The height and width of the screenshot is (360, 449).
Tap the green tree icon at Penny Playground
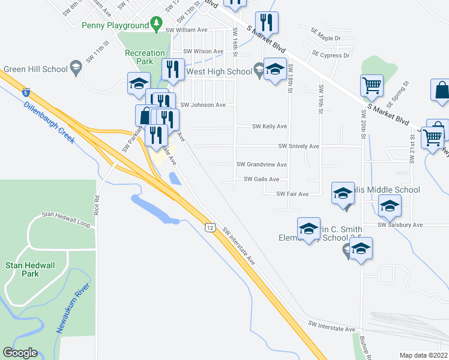[157, 25]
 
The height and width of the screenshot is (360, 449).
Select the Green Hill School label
[35, 69]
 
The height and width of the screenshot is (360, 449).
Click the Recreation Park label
[144, 58]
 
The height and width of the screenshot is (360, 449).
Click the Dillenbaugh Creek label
[49, 122]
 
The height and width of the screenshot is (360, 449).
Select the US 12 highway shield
[208, 227]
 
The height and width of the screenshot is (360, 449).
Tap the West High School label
[219, 71]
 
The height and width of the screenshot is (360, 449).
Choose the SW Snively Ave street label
[298, 146]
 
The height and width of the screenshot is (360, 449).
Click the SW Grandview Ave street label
[261, 164]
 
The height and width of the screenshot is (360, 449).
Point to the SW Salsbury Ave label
[400, 225]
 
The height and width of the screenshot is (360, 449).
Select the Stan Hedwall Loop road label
[65, 215]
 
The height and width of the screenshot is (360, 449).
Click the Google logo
[20, 353]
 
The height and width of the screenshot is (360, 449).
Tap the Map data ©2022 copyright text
[424, 355]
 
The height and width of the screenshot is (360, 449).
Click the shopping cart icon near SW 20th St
[372, 85]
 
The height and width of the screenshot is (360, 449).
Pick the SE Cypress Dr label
[330, 55]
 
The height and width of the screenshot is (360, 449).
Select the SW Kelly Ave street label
[269, 127]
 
